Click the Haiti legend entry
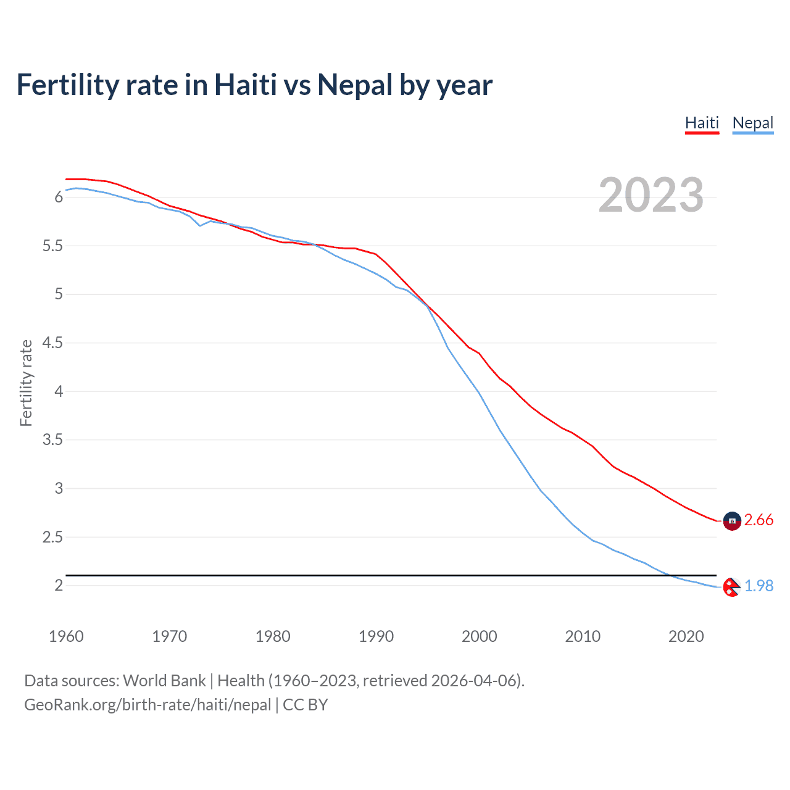click(x=702, y=123)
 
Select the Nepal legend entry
click(x=752, y=123)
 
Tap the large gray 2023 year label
click(x=651, y=195)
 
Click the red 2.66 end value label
click(x=759, y=520)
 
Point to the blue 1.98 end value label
click(x=759, y=586)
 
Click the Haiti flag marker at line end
click(x=732, y=522)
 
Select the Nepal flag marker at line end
click(x=731, y=587)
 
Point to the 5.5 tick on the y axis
click(x=52, y=246)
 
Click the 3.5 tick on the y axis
click(x=52, y=440)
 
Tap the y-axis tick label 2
click(x=59, y=585)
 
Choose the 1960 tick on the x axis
click(x=66, y=636)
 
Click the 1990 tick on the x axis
click(x=376, y=636)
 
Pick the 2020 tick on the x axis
click(x=686, y=636)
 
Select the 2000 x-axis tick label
click(x=479, y=636)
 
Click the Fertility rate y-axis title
click(x=26, y=383)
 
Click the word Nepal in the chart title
click(x=354, y=85)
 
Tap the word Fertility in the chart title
click(x=67, y=85)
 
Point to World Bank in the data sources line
click(x=164, y=681)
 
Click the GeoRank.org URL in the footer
click(x=148, y=705)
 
